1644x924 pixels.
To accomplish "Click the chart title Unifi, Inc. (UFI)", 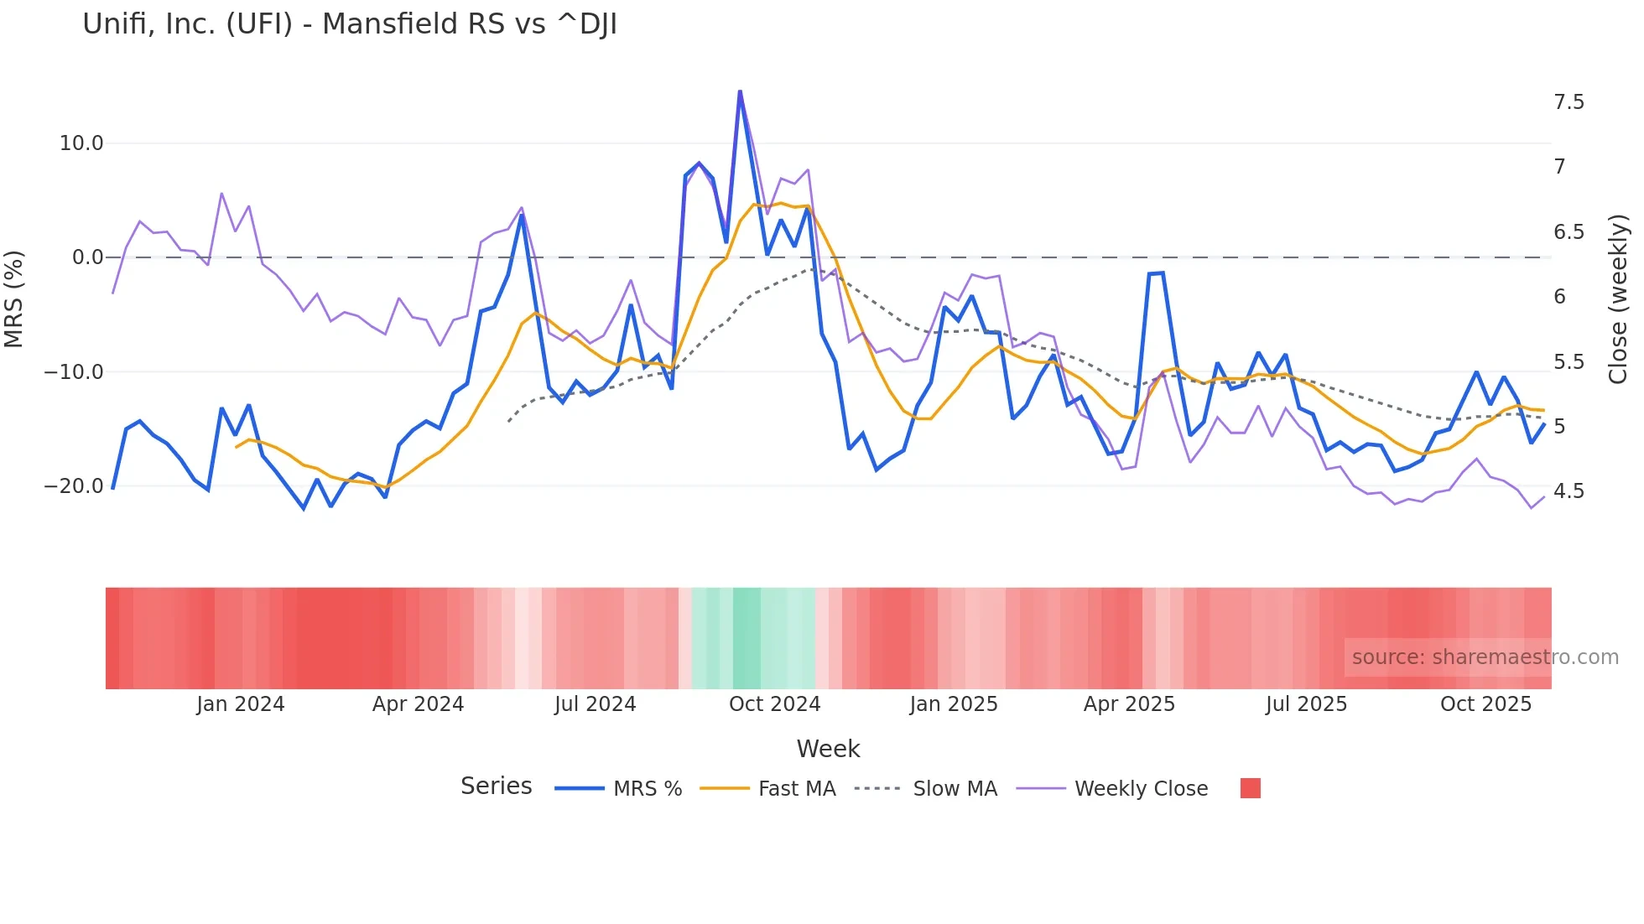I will [x=350, y=24].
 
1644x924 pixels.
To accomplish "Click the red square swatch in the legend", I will [x=1250, y=788].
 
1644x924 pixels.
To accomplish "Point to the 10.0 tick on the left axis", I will [x=81, y=143].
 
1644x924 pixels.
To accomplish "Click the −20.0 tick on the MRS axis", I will [x=74, y=486].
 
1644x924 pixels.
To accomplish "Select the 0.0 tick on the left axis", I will [x=87, y=257].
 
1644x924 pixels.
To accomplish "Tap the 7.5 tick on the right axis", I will [x=1569, y=102].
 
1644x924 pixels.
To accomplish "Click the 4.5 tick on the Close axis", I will [x=1569, y=491].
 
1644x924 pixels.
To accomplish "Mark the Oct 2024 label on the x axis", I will [x=774, y=704].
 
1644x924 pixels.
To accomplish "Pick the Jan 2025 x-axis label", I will [x=953, y=704].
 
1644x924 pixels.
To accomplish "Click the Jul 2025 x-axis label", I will [x=1306, y=704].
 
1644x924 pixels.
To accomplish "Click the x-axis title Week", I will [x=828, y=749].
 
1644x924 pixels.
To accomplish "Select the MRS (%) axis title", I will [x=14, y=299].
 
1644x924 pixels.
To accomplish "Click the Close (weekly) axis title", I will [x=1618, y=299].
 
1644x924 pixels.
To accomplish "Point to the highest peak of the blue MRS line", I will [x=740, y=91].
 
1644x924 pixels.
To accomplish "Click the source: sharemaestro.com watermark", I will [x=1485, y=657].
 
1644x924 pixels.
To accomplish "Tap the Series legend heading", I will [x=496, y=786].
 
